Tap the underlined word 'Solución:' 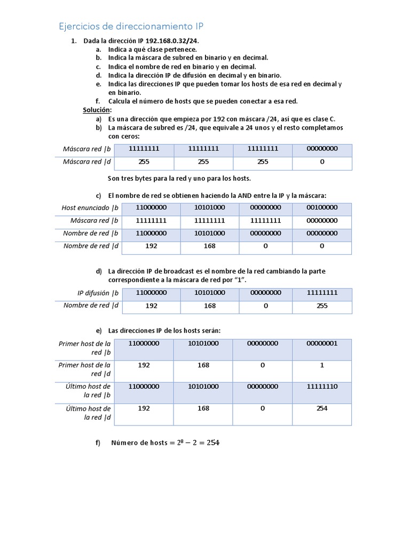[x=97, y=110]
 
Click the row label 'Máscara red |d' [x=86, y=162]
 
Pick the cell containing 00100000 [x=322, y=207]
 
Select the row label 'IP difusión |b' [x=93, y=293]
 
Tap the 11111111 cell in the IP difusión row [x=322, y=293]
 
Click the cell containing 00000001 [x=322, y=343]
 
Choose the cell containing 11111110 [x=322, y=386]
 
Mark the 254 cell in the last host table [x=322, y=408]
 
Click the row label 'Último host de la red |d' [x=88, y=413]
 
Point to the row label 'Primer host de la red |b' [x=85, y=348]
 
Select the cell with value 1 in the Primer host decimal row [x=322, y=365]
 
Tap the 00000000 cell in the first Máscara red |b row [x=322, y=149]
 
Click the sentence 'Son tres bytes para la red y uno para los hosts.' [x=179, y=178]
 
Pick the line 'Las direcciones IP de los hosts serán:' [x=164, y=331]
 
